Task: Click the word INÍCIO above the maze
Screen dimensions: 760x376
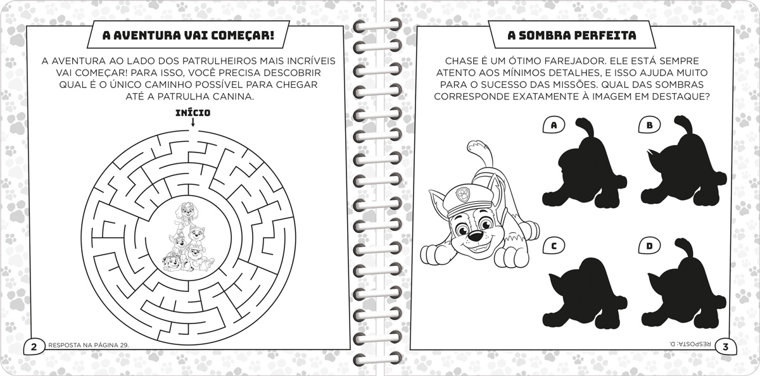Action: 193,113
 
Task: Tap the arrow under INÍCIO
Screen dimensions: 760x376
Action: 193,122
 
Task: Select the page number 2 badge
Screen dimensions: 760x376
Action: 34,347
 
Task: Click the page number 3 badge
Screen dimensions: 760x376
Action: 726,347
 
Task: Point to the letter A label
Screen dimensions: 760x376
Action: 554,125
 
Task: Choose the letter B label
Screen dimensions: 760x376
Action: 649,125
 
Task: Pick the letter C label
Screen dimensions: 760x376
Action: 554,246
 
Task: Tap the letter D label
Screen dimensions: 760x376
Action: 649,246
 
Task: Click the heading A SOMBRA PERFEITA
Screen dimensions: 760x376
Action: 572,35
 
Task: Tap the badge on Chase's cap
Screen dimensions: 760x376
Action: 461,194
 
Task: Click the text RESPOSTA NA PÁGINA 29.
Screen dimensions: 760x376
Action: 89,345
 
